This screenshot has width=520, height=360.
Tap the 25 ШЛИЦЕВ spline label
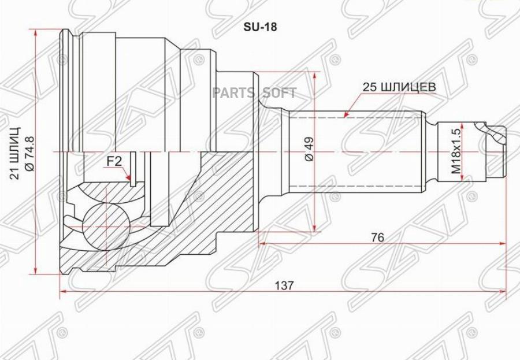point(398,87)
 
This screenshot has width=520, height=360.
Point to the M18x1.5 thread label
point(456,151)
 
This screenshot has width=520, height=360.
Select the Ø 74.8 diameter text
point(31,150)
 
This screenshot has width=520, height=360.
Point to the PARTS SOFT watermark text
point(254,92)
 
